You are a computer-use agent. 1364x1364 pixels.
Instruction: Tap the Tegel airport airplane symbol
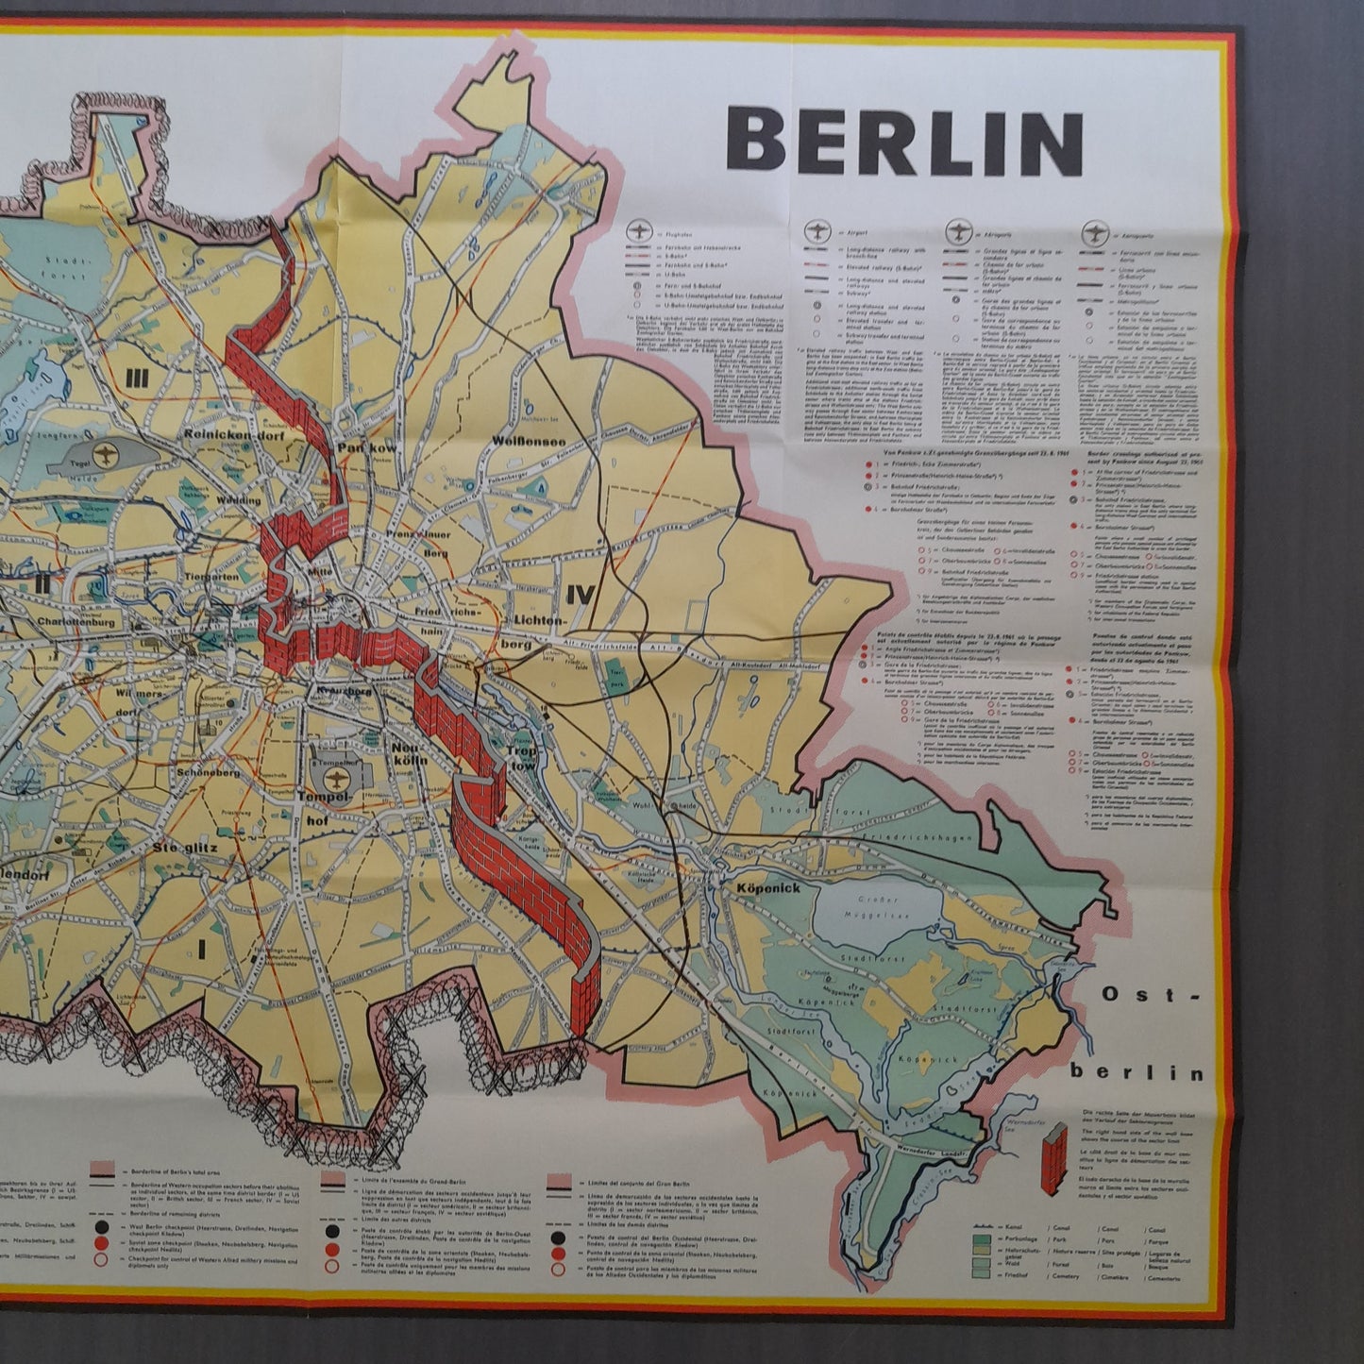(112, 452)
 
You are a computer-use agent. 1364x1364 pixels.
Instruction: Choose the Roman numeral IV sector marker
(578, 594)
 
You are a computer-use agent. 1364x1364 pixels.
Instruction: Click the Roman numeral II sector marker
(40, 583)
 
